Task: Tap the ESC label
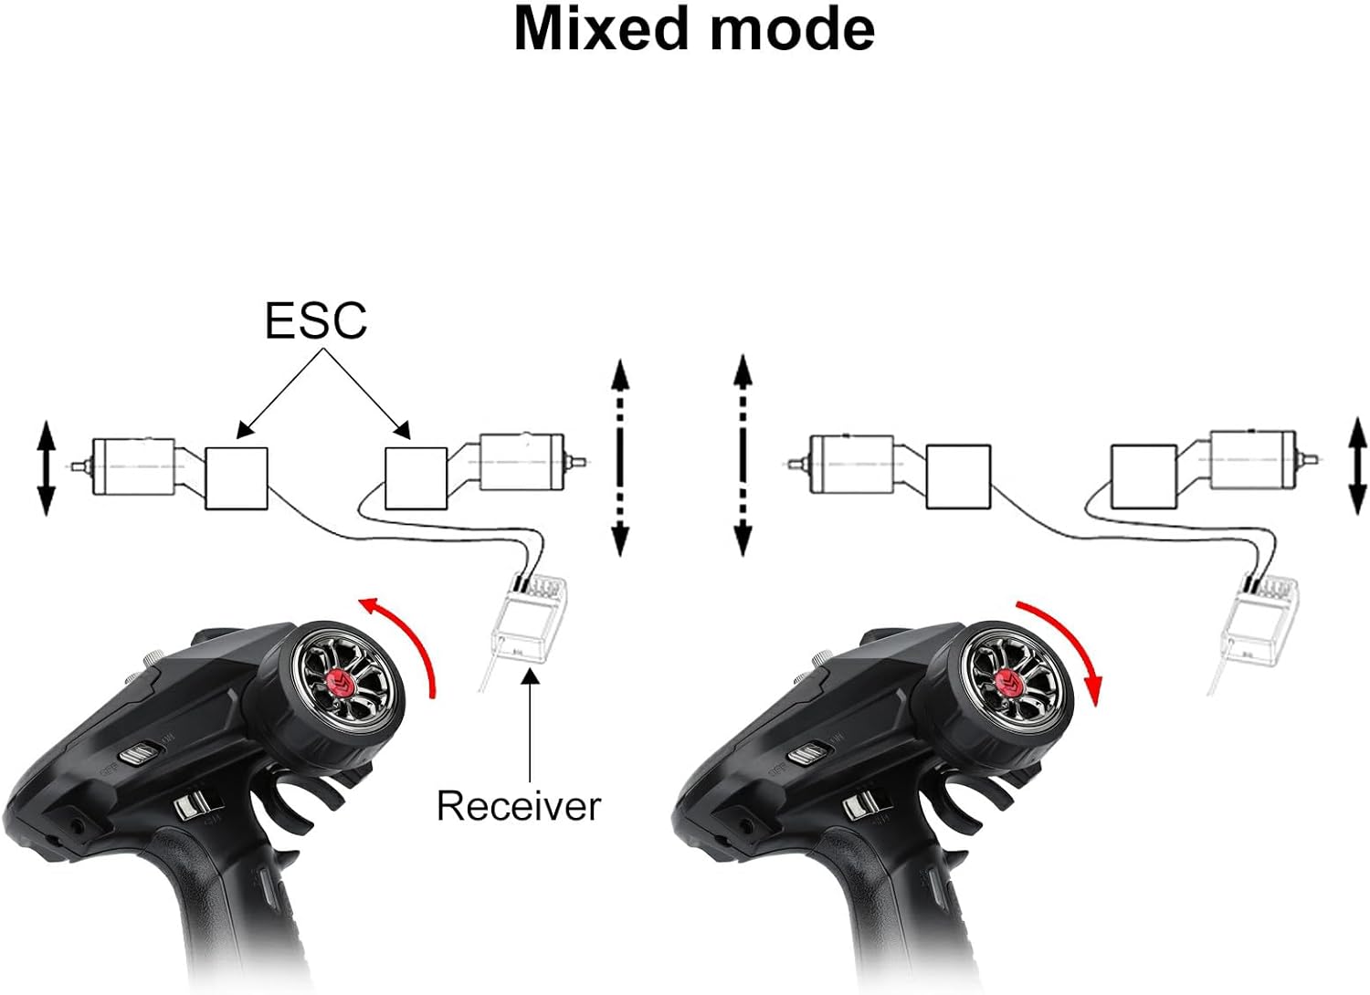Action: [315, 320]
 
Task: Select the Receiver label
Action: [518, 806]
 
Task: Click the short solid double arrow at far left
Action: [46, 468]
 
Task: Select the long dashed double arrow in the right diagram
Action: [743, 456]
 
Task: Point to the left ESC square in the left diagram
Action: [237, 478]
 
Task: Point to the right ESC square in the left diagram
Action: [416, 477]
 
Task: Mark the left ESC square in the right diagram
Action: [958, 476]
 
